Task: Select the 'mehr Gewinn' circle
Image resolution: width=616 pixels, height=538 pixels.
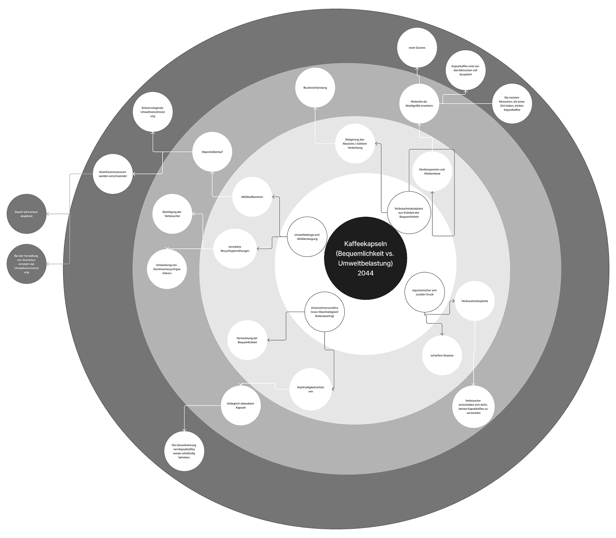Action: [417, 48]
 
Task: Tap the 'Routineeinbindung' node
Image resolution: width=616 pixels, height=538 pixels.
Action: [315, 88]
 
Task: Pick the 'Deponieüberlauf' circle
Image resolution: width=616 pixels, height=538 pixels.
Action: [212, 152]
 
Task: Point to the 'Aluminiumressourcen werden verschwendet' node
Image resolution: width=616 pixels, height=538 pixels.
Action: [112, 174]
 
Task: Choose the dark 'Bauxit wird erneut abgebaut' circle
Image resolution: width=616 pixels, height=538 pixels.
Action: [27, 214]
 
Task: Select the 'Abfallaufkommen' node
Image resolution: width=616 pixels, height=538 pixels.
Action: [252, 197]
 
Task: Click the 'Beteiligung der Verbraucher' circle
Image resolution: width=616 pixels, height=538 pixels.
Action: [172, 214]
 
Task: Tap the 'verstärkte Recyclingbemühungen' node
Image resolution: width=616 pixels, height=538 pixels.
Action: [235, 248]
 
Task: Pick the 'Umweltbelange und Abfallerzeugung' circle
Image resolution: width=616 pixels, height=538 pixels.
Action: [307, 237]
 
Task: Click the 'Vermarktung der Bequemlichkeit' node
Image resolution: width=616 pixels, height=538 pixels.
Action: [247, 340]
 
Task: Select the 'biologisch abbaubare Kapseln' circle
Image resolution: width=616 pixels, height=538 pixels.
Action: [241, 406]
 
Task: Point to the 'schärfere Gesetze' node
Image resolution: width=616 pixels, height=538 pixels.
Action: [442, 355]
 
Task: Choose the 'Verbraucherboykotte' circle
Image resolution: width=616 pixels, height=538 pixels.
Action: [474, 301]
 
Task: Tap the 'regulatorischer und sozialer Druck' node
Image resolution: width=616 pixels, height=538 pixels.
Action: [424, 292]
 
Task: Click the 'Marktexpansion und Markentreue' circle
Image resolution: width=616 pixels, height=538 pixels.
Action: [432, 172]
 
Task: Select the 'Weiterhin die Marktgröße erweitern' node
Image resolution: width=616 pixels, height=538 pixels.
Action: [419, 103]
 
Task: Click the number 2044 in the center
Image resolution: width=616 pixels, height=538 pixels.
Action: [365, 273]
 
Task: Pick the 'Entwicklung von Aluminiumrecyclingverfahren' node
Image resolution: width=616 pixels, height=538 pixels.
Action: [167, 269]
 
